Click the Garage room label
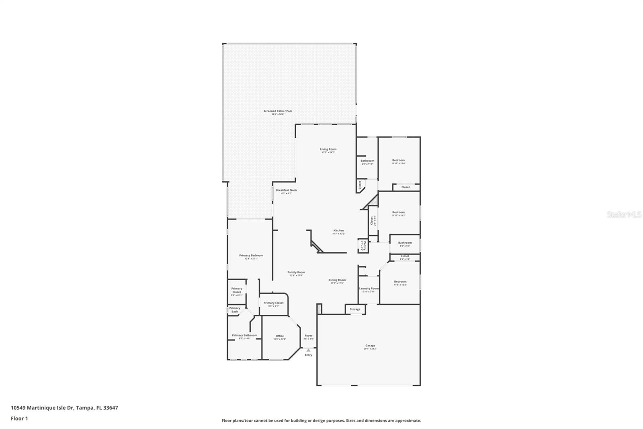[x=370, y=345]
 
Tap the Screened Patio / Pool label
[x=278, y=111]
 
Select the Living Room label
[x=328, y=149]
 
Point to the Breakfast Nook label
[x=286, y=190]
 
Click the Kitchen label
[x=338, y=231]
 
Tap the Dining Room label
[x=337, y=280]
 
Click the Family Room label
[x=296, y=272]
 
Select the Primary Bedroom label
[x=251, y=256]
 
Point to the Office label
[x=280, y=336]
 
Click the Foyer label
[x=308, y=336]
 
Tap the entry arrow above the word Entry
[x=308, y=350]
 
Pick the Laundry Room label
[x=369, y=289]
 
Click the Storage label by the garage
[x=355, y=309]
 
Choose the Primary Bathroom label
[x=244, y=335]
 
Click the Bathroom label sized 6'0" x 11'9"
[x=367, y=161]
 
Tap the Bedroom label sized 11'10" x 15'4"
[x=398, y=160]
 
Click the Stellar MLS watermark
[x=624, y=215]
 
